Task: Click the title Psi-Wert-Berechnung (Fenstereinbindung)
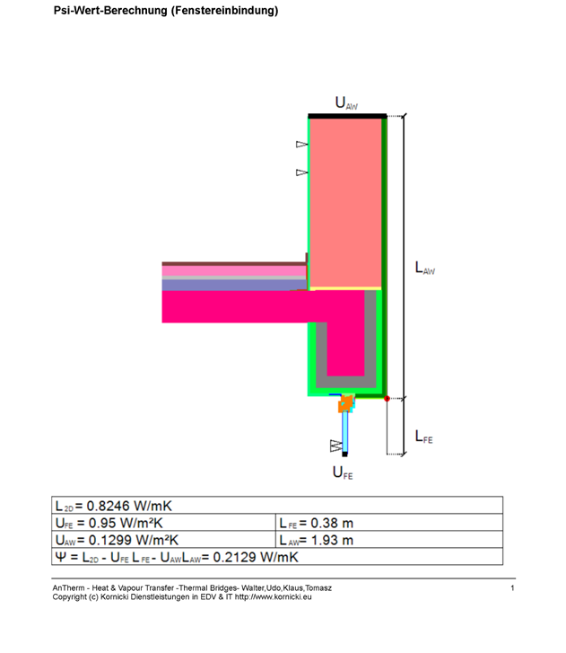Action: [x=166, y=11]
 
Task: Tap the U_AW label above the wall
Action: [x=346, y=103]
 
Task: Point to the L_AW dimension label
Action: [x=425, y=268]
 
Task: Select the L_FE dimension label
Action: [x=423, y=437]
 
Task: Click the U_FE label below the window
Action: [x=343, y=472]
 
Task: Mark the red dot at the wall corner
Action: [x=387, y=399]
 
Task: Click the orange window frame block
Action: [x=345, y=404]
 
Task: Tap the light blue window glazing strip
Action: [x=344, y=432]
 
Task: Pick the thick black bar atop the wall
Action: [x=347, y=116]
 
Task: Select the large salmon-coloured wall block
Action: [x=345, y=203]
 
